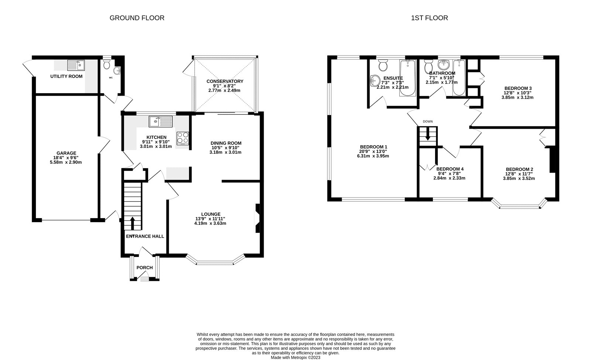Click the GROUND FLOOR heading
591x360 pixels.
137,18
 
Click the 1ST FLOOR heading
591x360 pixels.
429,18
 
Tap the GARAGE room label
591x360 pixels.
66,153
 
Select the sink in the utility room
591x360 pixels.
76,65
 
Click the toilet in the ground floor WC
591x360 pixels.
107,65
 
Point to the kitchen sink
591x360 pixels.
161,120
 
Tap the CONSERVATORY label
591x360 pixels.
225,81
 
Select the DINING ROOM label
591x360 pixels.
226,143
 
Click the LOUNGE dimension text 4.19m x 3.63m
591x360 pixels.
210,223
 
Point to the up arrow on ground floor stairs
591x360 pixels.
132,223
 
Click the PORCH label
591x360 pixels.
144,268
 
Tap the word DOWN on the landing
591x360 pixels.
428,122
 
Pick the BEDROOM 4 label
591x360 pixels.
450,169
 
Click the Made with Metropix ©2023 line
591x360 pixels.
295,357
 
